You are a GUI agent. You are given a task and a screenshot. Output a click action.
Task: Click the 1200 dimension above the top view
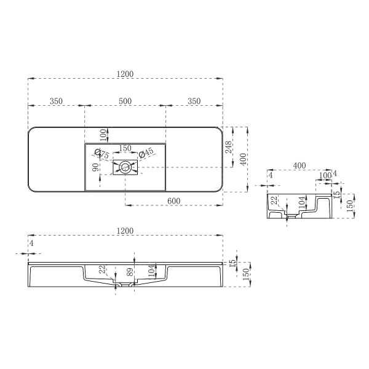[125, 74]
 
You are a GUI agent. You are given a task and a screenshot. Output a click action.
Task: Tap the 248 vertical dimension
[229, 147]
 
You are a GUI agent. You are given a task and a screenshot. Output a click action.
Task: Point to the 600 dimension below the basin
[174, 201]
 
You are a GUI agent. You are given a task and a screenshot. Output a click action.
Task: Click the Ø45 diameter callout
[145, 153]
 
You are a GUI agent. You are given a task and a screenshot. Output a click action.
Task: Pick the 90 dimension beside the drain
[95, 168]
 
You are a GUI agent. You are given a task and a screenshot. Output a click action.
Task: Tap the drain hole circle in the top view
[125, 166]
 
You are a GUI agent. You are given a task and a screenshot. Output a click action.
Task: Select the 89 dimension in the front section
[130, 272]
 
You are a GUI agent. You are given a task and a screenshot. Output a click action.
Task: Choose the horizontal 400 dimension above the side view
[300, 165]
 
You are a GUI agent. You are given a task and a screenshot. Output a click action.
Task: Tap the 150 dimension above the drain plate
[125, 148]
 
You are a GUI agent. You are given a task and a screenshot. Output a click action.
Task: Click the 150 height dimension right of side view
[349, 204]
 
